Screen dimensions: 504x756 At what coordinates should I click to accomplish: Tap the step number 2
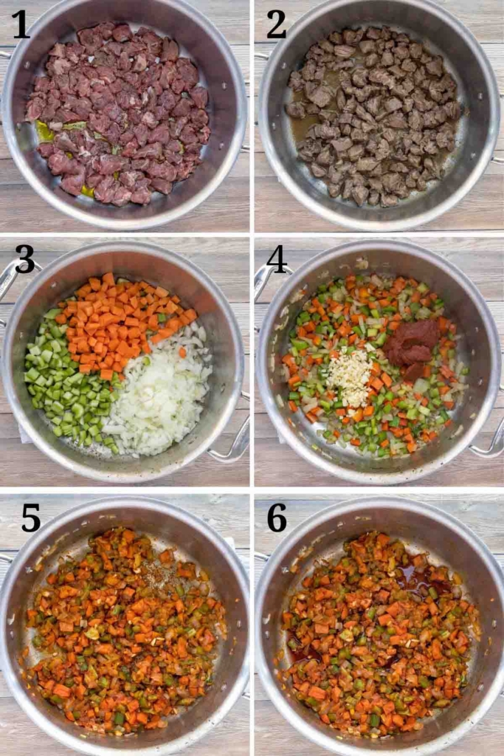(277, 24)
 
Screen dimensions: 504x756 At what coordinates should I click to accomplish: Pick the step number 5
(31, 518)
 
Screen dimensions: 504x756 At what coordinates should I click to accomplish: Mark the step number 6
(277, 518)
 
